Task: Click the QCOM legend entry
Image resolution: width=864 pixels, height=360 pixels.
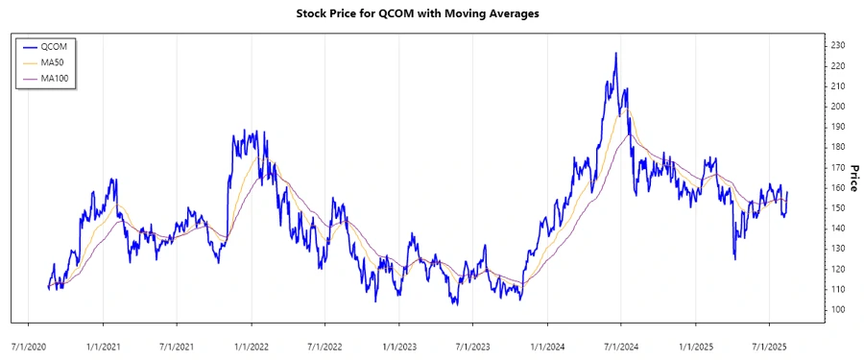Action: coord(55,46)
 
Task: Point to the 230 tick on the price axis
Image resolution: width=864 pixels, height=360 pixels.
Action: coord(839,45)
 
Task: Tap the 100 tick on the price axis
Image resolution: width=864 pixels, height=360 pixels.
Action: coord(839,309)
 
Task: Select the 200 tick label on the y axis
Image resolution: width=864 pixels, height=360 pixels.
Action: coord(839,107)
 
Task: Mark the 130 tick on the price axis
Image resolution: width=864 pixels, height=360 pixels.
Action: coord(839,249)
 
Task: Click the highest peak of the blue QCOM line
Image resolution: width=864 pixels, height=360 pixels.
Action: coord(615,54)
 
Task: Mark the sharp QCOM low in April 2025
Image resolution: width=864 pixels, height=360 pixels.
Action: coord(735,258)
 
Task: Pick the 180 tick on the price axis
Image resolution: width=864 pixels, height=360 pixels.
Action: coord(839,147)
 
